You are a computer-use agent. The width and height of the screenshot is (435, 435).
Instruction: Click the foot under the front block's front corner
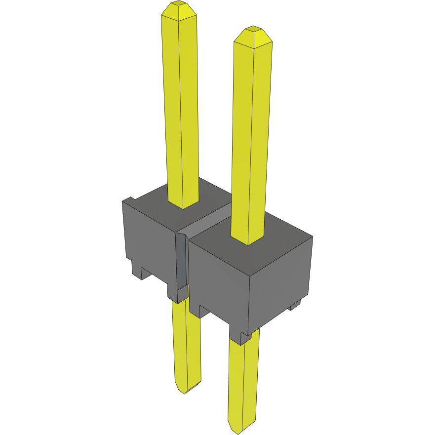click(x=244, y=338)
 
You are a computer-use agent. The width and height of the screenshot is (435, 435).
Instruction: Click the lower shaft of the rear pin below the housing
click(x=187, y=346)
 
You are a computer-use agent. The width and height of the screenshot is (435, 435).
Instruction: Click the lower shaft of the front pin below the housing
click(x=243, y=380)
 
